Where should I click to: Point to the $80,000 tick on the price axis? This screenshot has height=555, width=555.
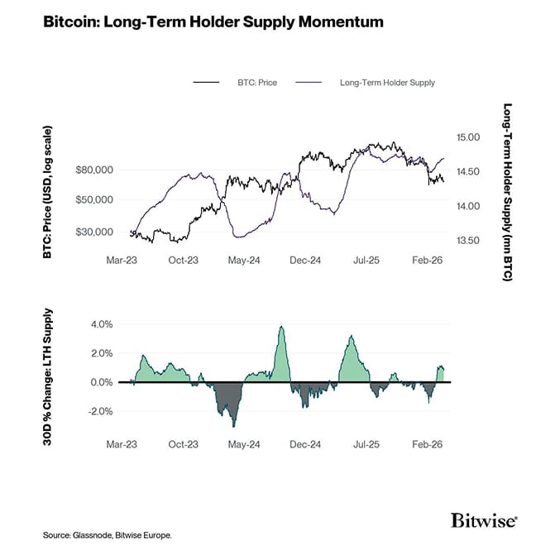tap(93, 170)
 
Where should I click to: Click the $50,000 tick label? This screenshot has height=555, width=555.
tap(93, 200)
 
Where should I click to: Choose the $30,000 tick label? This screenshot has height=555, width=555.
tap(93, 232)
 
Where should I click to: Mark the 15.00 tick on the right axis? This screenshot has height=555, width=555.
tap(467, 137)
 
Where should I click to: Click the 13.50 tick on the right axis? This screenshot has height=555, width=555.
tap(467, 241)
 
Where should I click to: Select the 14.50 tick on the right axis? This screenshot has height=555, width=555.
tap(467, 172)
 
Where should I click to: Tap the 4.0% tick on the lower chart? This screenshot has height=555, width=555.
tap(100, 324)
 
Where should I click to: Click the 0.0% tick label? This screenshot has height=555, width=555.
tap(100, 382)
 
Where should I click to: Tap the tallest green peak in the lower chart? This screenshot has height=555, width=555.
tap(282, 328)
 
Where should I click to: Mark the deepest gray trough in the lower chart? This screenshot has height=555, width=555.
tap(234, 425)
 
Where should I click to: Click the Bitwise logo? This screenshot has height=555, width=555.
tap(484, 520)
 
